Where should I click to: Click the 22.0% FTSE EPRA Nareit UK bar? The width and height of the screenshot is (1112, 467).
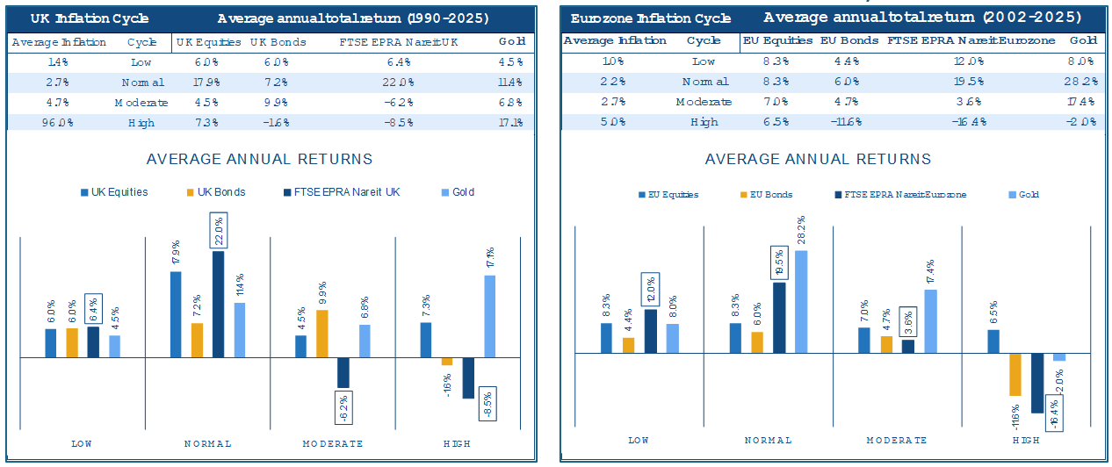(x=219, y=304)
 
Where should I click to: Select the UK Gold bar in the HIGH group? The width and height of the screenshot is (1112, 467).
(x=489, y=316)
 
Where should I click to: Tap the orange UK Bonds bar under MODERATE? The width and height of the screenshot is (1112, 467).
(x=322, y=334)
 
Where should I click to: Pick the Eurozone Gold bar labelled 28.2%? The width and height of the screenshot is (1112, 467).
(x=801, y=301)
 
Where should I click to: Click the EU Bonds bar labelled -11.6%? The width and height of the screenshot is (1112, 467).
(x=1015, y=375)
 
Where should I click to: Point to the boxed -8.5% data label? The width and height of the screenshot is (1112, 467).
(x=489, y=404)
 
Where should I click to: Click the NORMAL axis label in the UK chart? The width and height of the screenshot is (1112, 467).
(x=208, y=443)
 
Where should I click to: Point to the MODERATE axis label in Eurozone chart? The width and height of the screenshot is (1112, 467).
(x=896, y=440)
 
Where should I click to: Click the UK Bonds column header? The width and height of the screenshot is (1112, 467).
(x=278, y=42)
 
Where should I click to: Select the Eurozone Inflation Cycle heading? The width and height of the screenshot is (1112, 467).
(x=650, y=18)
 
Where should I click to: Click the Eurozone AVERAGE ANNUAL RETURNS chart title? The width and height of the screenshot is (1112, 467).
(x=818, y=159)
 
